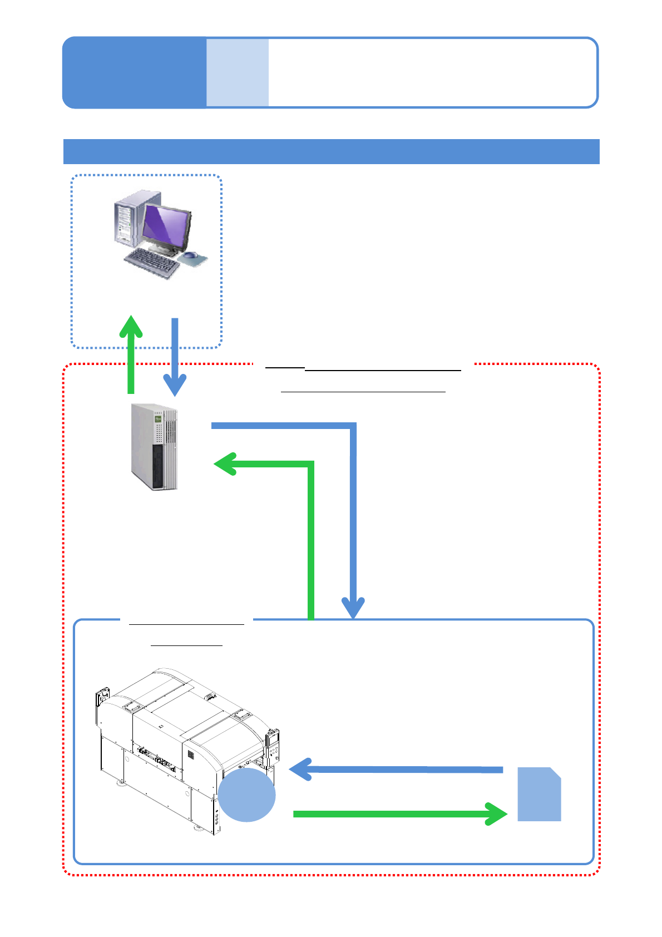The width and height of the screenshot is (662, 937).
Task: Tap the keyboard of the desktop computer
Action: coord(152,262)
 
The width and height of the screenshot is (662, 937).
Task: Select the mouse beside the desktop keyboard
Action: coord(190,256)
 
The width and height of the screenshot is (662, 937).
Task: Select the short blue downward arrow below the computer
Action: coord(175,356)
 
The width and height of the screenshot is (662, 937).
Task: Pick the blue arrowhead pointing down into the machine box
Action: coord(353,606)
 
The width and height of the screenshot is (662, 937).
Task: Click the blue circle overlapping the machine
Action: coord(246,795)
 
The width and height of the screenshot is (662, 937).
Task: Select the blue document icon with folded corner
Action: coord(539,795)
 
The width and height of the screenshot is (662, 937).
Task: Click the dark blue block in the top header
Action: coord(134,72)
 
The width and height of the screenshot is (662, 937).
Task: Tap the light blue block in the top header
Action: coord(238,72)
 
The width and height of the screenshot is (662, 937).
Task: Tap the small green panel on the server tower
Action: coord(158,418)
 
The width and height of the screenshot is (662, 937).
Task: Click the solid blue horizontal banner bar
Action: coord(331,151)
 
